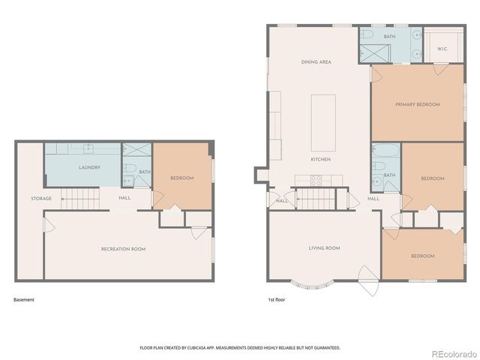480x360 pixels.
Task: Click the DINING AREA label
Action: tap(316, 62)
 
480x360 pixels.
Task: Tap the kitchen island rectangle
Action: tap(323, 121)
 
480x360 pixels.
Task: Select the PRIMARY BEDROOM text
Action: tap(418, 104)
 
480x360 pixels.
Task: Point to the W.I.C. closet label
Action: tap(442, 49)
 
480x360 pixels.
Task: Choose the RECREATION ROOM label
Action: tap(124, 248)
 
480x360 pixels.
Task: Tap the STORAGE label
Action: tap(41, 199)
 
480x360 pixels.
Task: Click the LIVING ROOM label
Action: tap(324, 247)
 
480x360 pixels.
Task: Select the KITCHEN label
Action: tap(321, 159)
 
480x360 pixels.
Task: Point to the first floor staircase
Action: tap(316, 199)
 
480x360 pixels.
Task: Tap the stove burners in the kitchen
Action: tap(316, 180)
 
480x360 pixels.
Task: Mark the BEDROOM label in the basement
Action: tap(181, 178)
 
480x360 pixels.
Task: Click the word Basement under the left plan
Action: tap(24, 300)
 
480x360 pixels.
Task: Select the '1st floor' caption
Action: tap(277, 300)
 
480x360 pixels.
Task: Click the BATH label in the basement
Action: tap(145, 172)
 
